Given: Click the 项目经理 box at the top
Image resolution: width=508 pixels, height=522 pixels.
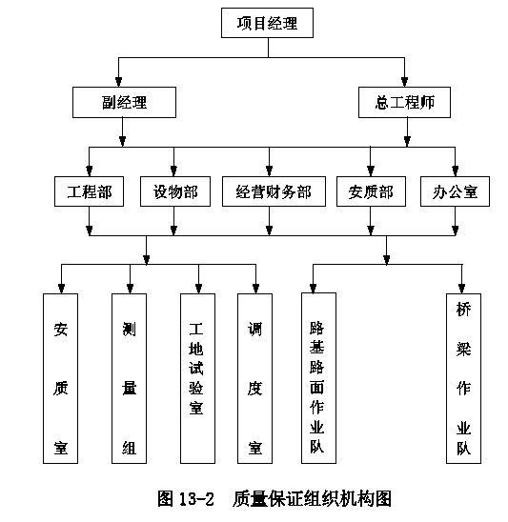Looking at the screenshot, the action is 267,23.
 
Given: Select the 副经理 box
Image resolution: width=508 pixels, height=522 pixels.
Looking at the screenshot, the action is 124,102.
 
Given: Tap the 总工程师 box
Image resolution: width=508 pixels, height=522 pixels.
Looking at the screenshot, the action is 404,102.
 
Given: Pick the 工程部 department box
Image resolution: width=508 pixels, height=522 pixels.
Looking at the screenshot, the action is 89,191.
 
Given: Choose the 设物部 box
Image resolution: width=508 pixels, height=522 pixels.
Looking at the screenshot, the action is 175,191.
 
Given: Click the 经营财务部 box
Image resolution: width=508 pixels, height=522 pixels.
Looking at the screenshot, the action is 274,191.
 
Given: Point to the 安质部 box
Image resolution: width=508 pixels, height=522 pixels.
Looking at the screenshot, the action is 371,191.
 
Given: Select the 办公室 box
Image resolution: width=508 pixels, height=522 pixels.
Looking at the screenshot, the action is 455,191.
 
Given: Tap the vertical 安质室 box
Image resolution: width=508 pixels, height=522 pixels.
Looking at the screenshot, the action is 60,378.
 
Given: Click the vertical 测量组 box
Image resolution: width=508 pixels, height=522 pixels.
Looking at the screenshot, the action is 129,378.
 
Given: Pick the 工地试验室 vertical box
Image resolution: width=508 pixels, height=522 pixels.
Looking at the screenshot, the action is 197,378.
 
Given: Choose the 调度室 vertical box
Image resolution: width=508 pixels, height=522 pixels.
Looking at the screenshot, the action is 254,378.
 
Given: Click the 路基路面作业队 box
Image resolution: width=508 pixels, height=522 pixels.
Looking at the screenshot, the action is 318,378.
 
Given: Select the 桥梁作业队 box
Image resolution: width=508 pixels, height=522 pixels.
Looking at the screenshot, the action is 464,378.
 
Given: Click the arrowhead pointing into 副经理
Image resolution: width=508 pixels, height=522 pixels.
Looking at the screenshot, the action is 118,82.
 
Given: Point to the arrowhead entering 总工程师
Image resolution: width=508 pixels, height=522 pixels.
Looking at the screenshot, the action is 404,82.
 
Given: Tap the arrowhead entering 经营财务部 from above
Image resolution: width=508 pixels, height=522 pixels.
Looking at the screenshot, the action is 269,171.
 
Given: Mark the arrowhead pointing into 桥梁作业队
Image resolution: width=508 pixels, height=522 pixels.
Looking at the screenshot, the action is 461,289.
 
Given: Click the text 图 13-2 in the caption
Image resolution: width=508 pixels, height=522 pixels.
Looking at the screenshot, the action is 185,499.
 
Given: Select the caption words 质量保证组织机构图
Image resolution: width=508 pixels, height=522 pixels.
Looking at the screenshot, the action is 312,499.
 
